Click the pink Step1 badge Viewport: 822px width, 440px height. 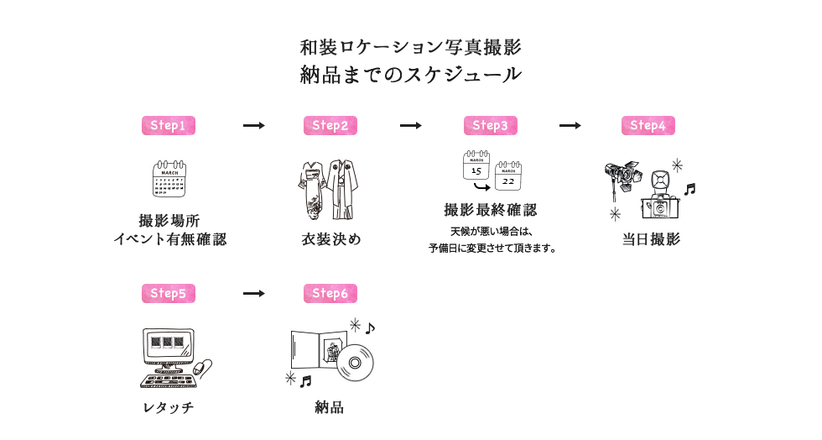[x=168, y=125]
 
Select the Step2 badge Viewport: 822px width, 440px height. [x=330, y=125]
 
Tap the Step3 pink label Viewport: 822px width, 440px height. [x=490, y=125]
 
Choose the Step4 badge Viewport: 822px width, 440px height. [x=648, y=125]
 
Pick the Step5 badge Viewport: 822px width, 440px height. [x=168, y=293]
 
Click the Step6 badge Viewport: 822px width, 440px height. [x=330, y=293]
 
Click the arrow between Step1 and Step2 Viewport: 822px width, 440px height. [x=253, y=125]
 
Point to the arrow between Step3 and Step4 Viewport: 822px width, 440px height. [x=570, y=125]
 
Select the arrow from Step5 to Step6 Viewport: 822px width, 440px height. [x=253, y=293]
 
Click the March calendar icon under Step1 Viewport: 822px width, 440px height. [x=169, y=178]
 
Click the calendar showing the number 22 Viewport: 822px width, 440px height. [x=508, y=175]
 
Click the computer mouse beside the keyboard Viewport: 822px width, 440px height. [x=202, y=367]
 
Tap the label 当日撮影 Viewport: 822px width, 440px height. [x=651, y=239]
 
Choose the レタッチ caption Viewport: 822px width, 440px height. [x=168, y=407]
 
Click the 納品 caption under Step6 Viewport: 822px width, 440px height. [x=330, y=407]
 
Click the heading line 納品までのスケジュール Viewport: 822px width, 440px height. [x=411, y=74]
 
